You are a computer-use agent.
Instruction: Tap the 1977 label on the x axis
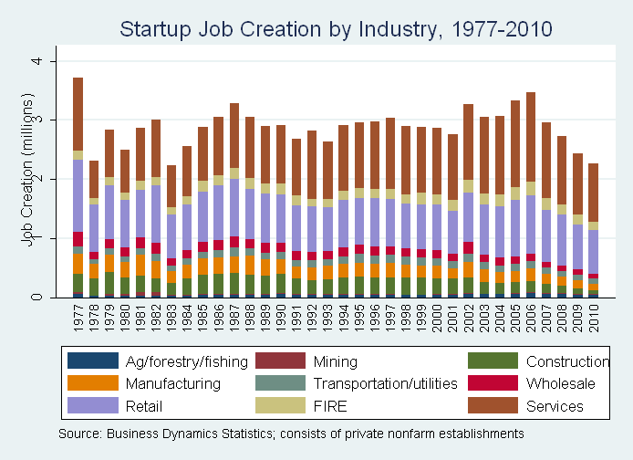[x=78, y=319]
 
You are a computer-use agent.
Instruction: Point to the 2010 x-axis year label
[x=594, y=319]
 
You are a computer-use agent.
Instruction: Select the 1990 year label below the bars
[x=281, y=319]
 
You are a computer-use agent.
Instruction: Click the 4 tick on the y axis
[x=36, y=61]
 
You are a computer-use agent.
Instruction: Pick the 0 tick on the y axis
[x=36, y=298]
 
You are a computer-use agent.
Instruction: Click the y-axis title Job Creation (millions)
[x=27, y=170]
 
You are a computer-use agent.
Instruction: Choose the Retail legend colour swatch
[x=93, y=405]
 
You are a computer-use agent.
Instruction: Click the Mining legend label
[x=336, y=361]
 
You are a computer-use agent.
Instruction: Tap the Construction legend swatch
[x=493, y=361]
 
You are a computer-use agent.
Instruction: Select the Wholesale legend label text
[x=561, y=383]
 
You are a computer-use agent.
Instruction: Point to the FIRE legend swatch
[x=281, y=405]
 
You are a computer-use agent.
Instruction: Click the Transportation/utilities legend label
[x=386, y=383]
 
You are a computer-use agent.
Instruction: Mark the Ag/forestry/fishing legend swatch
[x=93, y=361]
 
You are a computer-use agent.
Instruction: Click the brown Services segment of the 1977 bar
[x=78, y=114]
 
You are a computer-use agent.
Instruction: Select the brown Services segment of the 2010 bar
[x=594, y=193]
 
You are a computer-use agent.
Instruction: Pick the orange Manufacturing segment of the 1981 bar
[x=140, y=265]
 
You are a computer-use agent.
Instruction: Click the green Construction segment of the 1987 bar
[x=234, y=284]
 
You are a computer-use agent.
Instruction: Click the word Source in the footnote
[x=80, y=434]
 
